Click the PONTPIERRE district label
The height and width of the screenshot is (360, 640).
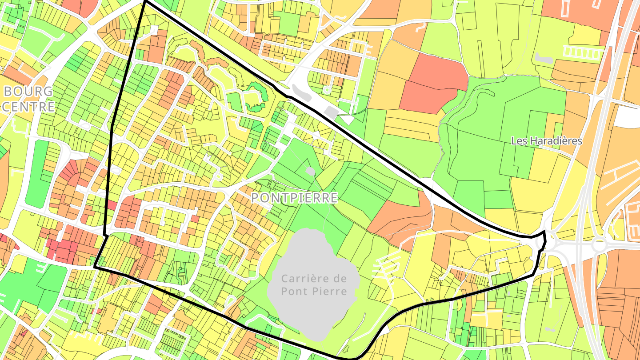click(294, 198)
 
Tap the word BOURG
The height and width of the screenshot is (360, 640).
click(28, 92)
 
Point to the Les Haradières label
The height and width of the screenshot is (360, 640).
click(546, 141)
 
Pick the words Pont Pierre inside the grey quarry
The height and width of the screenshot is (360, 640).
click(314, 292)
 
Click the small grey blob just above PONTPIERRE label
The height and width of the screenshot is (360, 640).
click(310, 171)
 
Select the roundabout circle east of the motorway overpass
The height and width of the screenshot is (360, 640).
click(599, 245)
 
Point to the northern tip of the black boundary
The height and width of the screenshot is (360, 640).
click(145, 1)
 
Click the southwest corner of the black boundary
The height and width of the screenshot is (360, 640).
click(95, 267)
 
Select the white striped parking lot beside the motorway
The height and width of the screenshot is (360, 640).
click(582, 52)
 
